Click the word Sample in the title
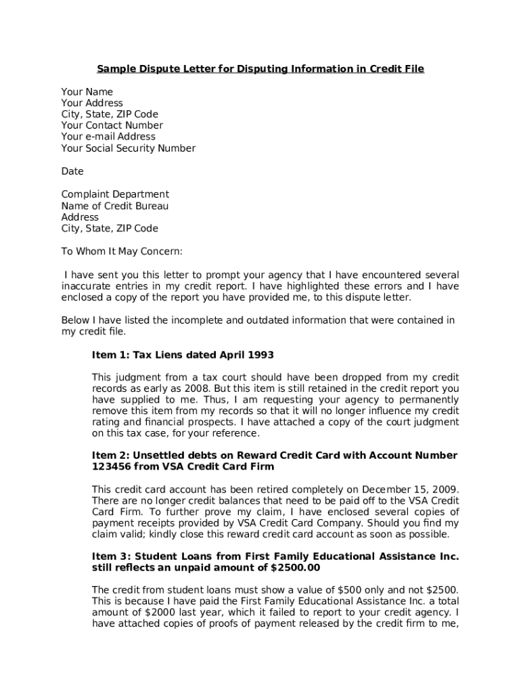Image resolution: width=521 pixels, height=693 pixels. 114,69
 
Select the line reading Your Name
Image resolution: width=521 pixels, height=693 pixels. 87,91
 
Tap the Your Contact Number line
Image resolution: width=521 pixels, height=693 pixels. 112,125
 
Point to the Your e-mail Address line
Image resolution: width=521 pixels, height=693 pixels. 108,137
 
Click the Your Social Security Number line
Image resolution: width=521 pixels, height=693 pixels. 129,148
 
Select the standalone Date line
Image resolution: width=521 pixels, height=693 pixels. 72,172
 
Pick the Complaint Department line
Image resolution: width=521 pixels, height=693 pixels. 115,194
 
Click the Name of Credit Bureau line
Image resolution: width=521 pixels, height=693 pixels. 115,206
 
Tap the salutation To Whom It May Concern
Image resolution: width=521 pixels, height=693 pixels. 122,252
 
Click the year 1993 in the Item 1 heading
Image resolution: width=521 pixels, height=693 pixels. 260,355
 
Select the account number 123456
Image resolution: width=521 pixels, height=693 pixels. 114,467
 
